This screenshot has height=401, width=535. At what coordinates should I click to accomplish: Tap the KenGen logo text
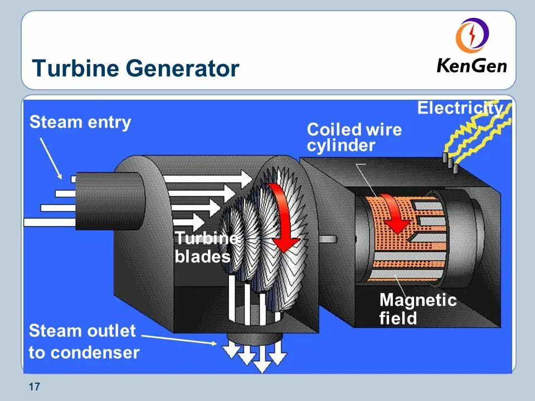click(471, 66)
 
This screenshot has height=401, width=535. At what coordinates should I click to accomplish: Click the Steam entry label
click(80, 123)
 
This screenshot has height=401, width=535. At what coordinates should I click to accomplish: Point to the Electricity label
click(460, 108)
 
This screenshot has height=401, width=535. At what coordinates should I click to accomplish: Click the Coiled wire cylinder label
click(354, 138)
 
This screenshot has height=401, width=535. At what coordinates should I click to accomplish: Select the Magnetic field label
click(417, 309)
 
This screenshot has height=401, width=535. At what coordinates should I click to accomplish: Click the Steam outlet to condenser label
click(84, 341)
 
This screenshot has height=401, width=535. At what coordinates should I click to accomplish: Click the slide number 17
click(34, 387)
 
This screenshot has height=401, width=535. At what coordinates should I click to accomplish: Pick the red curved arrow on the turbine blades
click(284, 217)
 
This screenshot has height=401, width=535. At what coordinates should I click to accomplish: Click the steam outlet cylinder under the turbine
click(254, 337)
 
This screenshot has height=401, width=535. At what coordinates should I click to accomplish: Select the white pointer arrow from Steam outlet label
click(178, 339)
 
